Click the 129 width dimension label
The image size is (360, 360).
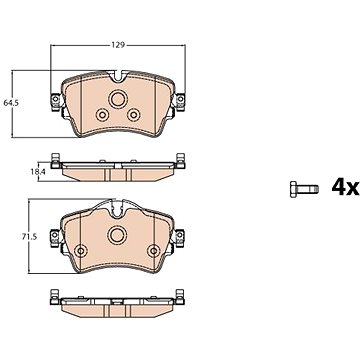[118, 45]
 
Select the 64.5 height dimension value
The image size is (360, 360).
[11, 103]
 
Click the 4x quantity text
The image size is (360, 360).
[345, 188]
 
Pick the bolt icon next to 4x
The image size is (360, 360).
[304, 189]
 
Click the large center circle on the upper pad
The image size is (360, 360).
[118, 99]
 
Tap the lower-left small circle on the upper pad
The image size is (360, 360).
[102, 115]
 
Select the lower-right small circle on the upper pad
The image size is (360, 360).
[134, 115]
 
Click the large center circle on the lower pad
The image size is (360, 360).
[117, 235]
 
